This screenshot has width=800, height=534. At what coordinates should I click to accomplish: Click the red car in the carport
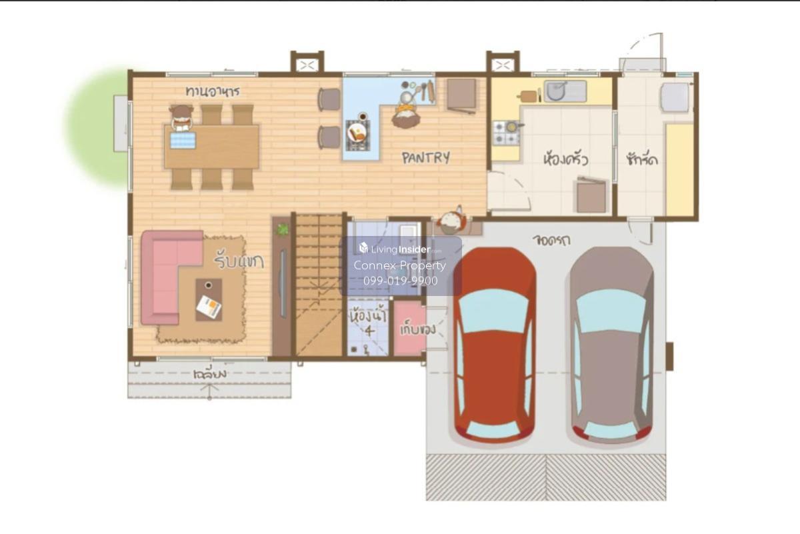pos(495,345)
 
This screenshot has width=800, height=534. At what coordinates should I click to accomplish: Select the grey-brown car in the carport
pos(611,345)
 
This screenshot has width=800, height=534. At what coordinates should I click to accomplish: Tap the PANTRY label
pos(426,157)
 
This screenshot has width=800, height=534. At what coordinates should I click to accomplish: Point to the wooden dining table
pos(212,147)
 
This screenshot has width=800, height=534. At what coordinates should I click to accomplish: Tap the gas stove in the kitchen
pos(506,133)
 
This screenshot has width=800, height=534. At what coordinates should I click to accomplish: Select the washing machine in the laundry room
pos(675,97)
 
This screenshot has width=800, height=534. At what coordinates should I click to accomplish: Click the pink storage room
pos(409,329)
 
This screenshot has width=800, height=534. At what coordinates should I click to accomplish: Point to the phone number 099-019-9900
pos(401,281)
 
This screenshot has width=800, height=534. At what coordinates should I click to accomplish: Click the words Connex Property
pos(399,265)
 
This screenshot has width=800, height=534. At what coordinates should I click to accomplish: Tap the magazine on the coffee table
pos(209,307)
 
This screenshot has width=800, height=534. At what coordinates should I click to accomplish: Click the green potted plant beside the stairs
pos(283,229)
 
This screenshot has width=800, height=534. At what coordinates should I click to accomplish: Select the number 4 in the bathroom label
pos(369,331)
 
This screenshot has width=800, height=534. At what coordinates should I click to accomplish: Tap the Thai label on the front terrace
pos(209,373)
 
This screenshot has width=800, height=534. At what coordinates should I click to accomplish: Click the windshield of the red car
pos(494,310)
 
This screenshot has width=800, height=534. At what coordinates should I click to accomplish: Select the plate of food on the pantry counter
pos(357,133)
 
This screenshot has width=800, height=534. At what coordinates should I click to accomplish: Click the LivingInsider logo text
pos(401,249)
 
